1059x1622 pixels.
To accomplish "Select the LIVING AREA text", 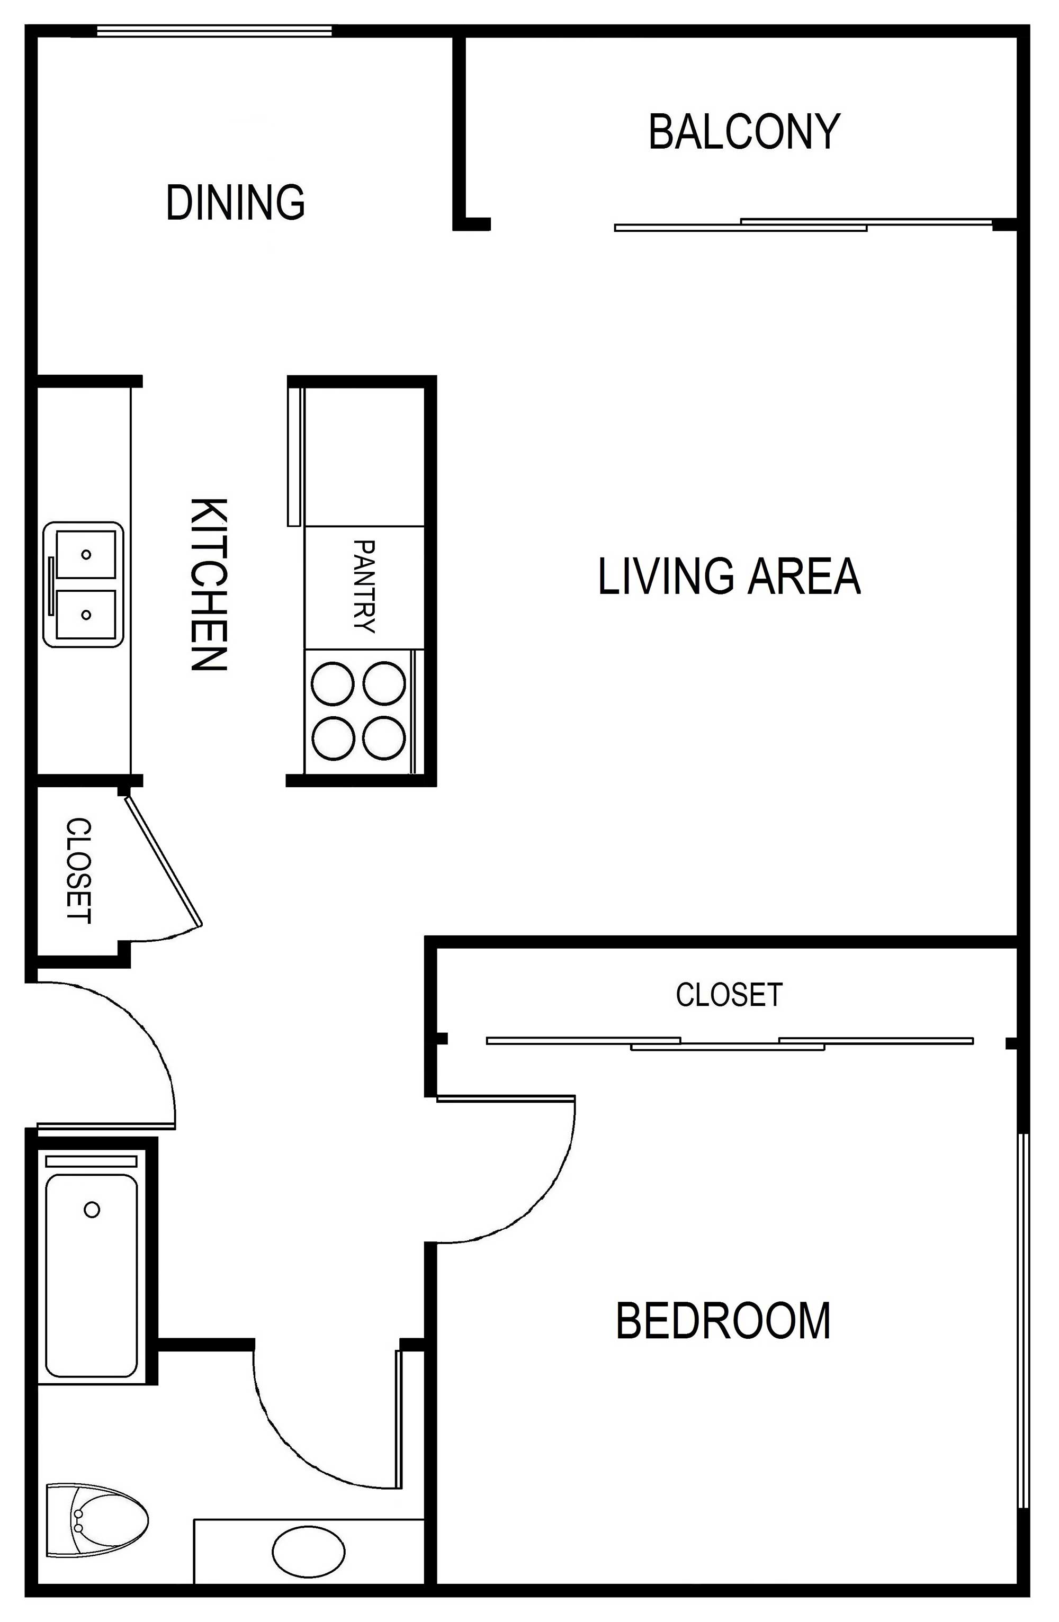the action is tap(729, 576).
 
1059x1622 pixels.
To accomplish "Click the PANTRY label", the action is tap(365, 587).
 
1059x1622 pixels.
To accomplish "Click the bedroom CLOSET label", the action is tap(729, 994).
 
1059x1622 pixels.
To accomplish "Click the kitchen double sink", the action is tap(84, 584).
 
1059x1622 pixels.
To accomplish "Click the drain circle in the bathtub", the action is tap(92, 1210).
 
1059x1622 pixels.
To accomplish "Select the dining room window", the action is tap(214, 31).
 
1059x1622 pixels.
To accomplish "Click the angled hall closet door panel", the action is tap(164, 861).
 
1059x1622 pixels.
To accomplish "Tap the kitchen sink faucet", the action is tap(51, 584).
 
